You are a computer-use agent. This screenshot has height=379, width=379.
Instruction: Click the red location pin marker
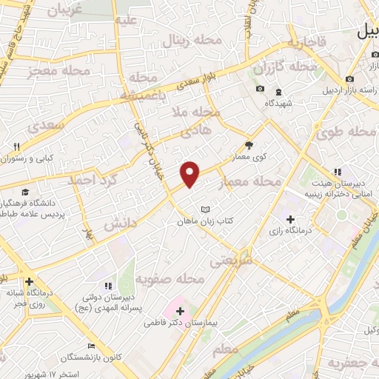(190, 173)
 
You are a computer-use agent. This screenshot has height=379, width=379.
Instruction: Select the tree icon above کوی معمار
(248, 145)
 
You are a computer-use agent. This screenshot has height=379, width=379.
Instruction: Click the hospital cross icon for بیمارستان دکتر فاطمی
(180, 311)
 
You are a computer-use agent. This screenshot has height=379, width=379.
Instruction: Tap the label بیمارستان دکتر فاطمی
(180, 323)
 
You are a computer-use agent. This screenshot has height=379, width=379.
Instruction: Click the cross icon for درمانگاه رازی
(290, 219)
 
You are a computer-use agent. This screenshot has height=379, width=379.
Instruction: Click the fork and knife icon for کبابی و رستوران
(16, 146)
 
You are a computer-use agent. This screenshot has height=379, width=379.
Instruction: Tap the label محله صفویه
(170, 279)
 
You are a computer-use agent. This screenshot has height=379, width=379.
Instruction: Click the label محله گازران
(284, 67)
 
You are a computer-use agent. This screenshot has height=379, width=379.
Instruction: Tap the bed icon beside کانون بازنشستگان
(91, 346)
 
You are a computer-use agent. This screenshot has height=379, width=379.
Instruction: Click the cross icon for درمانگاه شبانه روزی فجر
(29, 282)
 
